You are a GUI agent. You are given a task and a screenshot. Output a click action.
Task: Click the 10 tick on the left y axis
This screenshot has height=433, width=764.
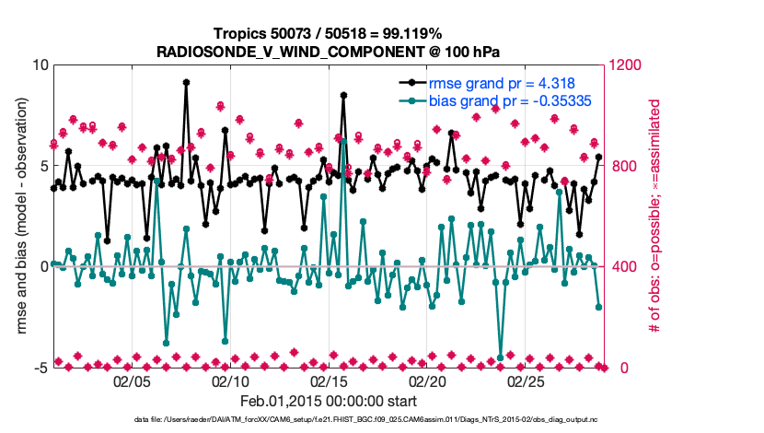[x=40, y=65]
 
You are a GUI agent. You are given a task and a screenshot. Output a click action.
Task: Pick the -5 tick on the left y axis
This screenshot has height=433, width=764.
[x=40, y=368]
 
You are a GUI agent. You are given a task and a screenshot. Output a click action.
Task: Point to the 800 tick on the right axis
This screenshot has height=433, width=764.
[x=619, y=166]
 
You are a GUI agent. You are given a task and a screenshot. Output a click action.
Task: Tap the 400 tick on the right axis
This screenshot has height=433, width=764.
[x=619, y=267]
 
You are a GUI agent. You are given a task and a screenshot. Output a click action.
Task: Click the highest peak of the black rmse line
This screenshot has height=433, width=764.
[x=186, y=82]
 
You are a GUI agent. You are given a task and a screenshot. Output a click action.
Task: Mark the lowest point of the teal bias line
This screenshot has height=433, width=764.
[x=501, y=357]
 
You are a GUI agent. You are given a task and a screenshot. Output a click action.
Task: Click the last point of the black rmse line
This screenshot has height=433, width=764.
[x=599, y=157]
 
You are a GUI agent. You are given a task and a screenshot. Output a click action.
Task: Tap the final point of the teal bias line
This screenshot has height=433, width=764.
[x=599, y=307]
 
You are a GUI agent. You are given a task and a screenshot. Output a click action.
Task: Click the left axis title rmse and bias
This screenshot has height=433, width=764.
[x=20, y=216]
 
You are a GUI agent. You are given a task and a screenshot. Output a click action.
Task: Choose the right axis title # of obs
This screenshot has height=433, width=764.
[x=655, y=216]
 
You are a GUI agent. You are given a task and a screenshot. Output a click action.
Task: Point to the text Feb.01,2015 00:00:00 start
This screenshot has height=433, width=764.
[x=328, y=401]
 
